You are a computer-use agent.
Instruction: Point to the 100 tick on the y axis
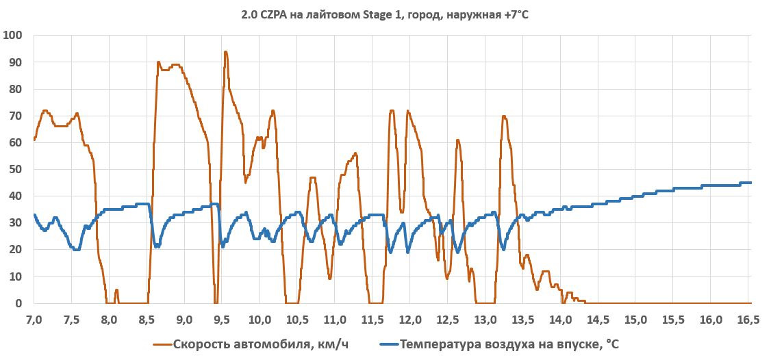[x=13, y=35]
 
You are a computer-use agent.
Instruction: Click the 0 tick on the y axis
[x=19, y=303]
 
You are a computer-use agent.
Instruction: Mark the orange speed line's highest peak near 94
[x=225, y=51]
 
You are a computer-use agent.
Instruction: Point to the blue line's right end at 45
[x=750, y=183]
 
